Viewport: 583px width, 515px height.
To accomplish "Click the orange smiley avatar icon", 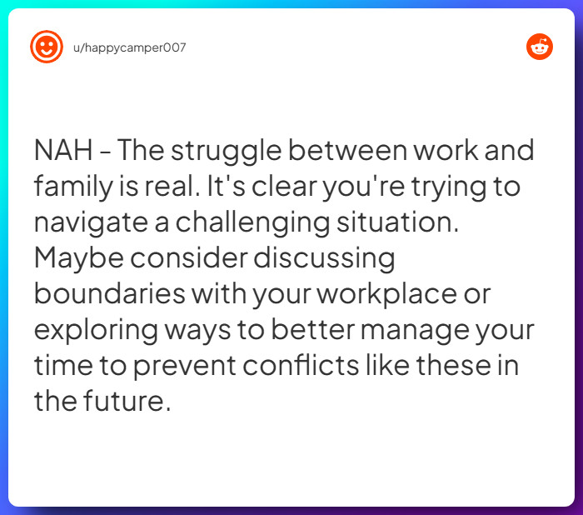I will [x=47, y=47].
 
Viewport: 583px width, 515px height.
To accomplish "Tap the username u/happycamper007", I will [x=129, y=47].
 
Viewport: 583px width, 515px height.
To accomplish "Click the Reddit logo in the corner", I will [x=540, y=47].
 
